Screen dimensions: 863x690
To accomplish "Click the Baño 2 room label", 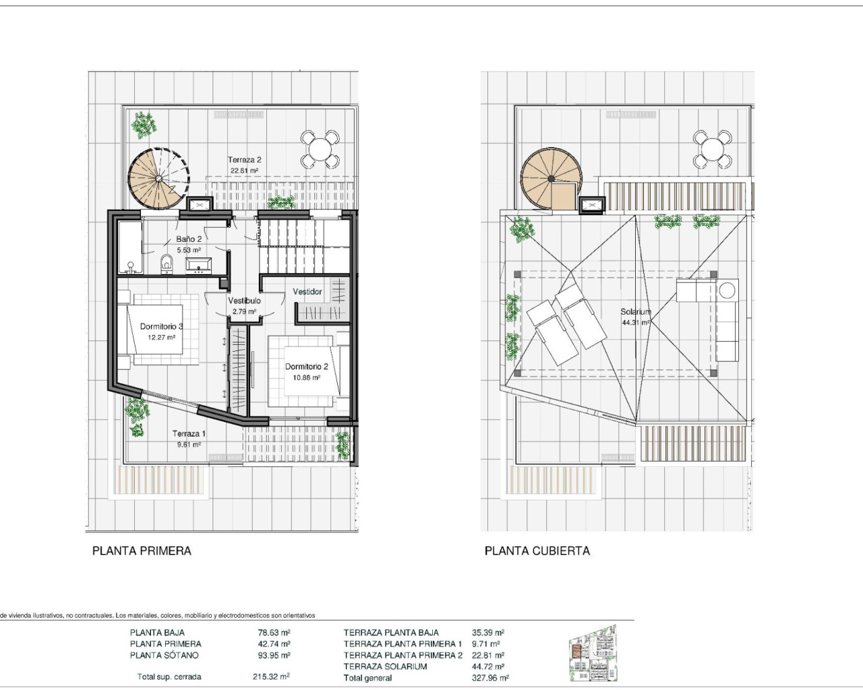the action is (x=189, y=239).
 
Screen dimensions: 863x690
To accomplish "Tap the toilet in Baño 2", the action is (x=166, y=264).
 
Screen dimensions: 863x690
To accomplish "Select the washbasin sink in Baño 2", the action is (x=198, y=265).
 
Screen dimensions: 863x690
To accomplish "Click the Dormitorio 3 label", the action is (x=162, y=326).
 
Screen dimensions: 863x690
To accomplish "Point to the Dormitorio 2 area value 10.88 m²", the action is (x=306, y=377).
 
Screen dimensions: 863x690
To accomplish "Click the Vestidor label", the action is (x=307, y=292).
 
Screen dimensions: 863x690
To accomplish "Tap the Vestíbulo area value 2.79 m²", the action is (x=244, y=311).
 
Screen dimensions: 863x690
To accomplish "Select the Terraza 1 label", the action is (x=189, y=433).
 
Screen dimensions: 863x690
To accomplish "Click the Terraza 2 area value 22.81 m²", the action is (x=244, y=170).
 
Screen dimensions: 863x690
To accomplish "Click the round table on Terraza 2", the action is (x=320, y=149).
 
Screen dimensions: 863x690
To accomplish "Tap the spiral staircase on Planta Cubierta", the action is (x=552, y=179).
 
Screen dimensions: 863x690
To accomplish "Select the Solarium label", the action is (x=636, y=311).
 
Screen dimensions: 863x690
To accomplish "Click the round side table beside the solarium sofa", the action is (x=727, y=290).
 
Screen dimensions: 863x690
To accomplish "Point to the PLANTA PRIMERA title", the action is (x=142, y=551).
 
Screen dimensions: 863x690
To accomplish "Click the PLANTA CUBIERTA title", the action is (x=537, y=551).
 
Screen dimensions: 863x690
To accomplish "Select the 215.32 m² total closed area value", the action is (x=271, y=677).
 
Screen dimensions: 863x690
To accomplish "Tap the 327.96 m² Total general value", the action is (x=490, y=678).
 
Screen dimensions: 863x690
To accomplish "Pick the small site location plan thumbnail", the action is (x=593, y=653).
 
